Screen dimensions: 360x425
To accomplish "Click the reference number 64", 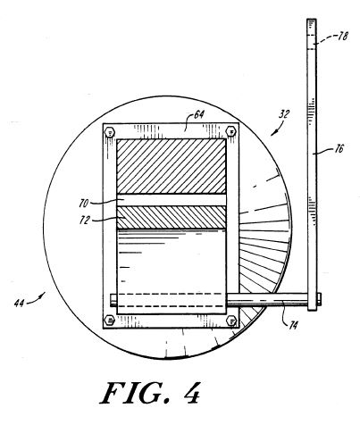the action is coord(199,115).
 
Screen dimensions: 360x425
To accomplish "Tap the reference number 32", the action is coord(284,114).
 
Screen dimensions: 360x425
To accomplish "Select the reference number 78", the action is coord(342,37).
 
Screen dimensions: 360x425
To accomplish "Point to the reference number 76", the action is coord(339,148).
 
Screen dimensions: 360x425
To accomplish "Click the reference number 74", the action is coord(293,325).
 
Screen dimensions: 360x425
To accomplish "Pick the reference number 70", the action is coord(84,204).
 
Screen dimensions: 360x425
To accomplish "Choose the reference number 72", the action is coord(85,220).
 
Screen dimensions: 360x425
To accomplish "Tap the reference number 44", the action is coord(19,303).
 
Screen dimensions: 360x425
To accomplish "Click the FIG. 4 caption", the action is coord(151,393).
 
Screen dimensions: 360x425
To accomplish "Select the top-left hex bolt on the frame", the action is coord(110,132).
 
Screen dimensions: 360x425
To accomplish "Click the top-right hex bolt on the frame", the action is coord(231,131).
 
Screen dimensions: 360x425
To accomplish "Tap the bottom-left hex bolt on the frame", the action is coord(110,321).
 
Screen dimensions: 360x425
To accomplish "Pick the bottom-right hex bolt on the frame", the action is coord(231,321).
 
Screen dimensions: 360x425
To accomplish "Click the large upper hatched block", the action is coord(172,166).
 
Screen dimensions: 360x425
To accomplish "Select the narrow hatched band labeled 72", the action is coord(172,217).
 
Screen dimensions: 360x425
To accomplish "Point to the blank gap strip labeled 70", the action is coord(172,200).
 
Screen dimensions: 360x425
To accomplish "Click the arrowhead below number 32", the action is coord(272,133).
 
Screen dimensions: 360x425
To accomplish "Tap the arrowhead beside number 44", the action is coord(43,295).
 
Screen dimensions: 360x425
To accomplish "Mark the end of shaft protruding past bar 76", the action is coord(319,299).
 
